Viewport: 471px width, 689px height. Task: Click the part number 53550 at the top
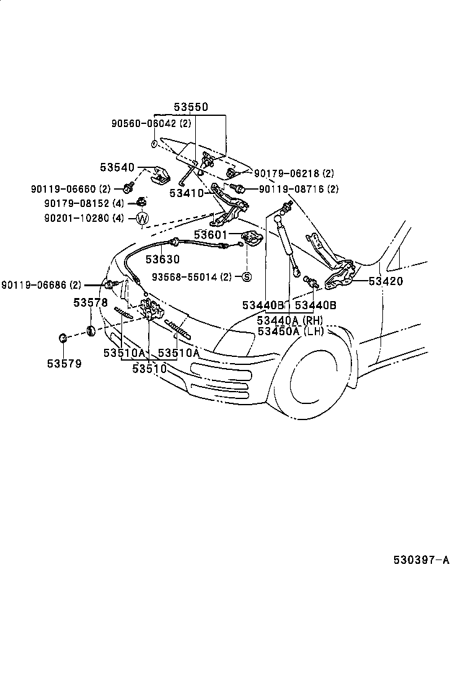(190, 107)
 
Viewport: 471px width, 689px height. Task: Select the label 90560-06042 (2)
(143, 124)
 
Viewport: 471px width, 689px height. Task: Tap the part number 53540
(117, 167)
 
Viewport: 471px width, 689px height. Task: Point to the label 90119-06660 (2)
(71, 188)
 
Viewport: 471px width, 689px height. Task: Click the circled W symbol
(142, 218)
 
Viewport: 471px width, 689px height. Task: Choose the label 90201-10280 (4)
(85, 218)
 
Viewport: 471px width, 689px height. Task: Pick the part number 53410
(187, 193)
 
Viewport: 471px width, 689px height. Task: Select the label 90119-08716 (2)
(298, 188)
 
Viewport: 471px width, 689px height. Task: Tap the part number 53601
(211, 235)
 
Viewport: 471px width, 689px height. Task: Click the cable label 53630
(162, 260)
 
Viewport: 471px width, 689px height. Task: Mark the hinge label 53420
(385, 281)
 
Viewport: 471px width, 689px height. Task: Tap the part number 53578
(90, 303)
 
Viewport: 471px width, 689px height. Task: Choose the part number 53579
(64, 363)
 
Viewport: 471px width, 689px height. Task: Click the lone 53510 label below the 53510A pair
(149, 368)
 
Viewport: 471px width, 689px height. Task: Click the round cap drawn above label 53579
(63, 338)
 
